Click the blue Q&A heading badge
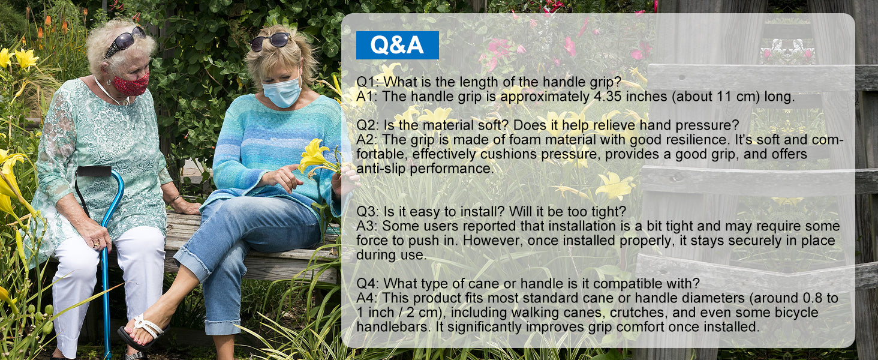(x=397, y=45)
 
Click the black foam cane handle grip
(x=94, y=171)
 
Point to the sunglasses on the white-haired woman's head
(x=125, y=40)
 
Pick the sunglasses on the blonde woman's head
(x=270, y=41)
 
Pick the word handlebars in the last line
(x=392, y=326)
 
